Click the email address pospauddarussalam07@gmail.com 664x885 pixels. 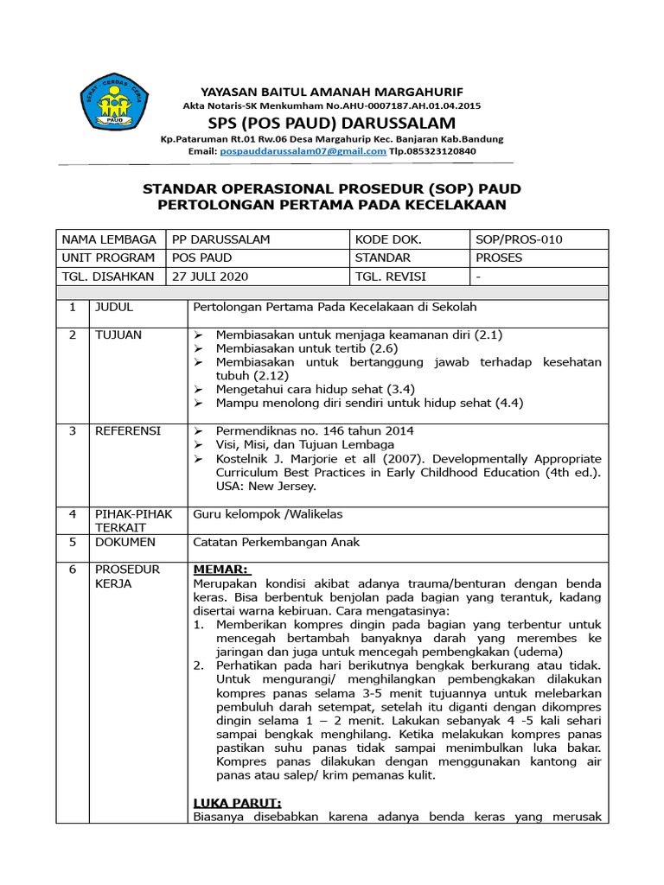click(x=303, y=150)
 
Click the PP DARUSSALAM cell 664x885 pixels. click(x=221, y=239)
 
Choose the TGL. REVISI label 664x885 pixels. click(x=390, y=277)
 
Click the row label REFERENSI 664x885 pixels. click(x=127, y=430)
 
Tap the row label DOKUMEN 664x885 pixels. click(x=124, y=542)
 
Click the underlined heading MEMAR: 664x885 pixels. click(x=221, y=570)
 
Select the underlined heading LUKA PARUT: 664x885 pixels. click(x=231, y=803)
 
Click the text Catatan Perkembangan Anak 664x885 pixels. click(x=275, y=542)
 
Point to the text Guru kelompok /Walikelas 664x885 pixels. click(x=268, y=514)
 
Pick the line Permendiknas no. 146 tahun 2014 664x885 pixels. click(x=315, y=430)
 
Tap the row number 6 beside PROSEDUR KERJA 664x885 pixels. click(x=73, y=570)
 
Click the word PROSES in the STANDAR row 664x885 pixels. click(x=499, y=258)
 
